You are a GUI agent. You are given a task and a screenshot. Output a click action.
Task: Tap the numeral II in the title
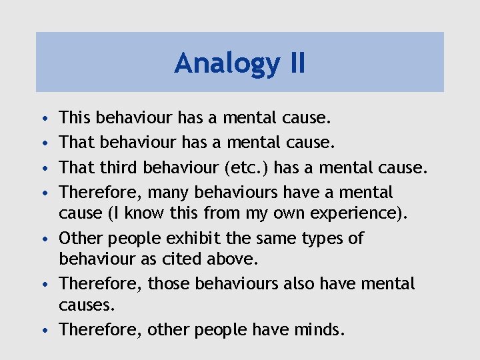pos(293,63)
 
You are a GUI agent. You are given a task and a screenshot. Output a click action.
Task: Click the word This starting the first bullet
pos(75,119)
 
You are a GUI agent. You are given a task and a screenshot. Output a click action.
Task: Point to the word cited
pos(177,259)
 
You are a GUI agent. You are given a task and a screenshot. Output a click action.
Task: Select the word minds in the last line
pos(315,329)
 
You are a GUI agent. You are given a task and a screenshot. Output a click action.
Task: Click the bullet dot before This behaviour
pos(43,120)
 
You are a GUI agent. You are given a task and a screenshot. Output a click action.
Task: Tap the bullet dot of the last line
pos(43,330)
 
